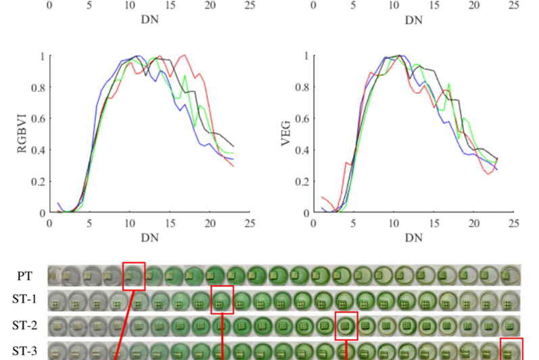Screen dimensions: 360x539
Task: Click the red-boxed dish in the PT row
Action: (134, 275)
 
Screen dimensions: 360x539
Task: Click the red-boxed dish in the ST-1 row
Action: (222, 300)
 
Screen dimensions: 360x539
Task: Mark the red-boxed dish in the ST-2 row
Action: (346, 325)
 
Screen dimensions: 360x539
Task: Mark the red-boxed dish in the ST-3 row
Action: (511, 350)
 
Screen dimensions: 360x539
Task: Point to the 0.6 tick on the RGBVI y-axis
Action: (37, 118)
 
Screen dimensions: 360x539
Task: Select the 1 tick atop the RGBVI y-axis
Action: (42, 56)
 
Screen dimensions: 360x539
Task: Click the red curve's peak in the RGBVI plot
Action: (184, 55)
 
